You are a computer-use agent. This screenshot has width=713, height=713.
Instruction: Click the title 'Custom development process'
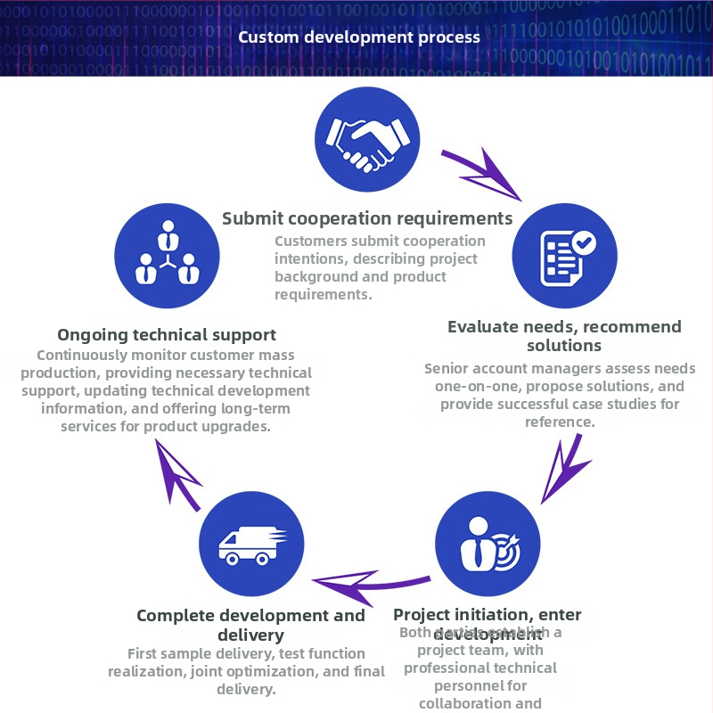(359, 37)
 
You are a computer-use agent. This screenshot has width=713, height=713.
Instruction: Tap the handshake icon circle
(367, 139)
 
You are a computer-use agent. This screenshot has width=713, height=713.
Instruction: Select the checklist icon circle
(564, 256)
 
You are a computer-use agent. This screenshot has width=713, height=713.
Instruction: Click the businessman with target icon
(488, 544)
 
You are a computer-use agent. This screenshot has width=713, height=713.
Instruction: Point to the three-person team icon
(167, 256)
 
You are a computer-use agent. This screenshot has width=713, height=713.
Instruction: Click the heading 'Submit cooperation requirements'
(367, 218)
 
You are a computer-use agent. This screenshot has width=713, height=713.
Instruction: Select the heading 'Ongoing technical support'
(167, 335)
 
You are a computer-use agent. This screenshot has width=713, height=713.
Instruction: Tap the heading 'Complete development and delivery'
(250, 625)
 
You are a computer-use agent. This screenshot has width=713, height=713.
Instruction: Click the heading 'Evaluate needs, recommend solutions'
(564, 335)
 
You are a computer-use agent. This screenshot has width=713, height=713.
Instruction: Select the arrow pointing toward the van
(369, 584)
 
